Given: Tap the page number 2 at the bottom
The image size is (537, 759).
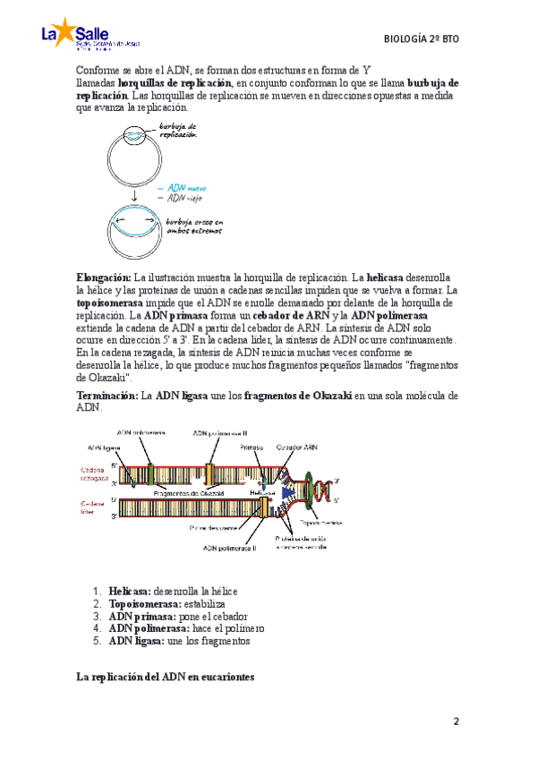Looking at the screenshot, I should click(x=456, y=721).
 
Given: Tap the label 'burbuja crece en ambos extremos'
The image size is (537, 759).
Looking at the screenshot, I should click(x=193, y=226).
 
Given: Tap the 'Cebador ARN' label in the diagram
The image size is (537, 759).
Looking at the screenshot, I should click(x=296, y=446).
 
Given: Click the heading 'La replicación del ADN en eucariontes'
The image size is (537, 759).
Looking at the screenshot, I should click(x=166, y=678).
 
